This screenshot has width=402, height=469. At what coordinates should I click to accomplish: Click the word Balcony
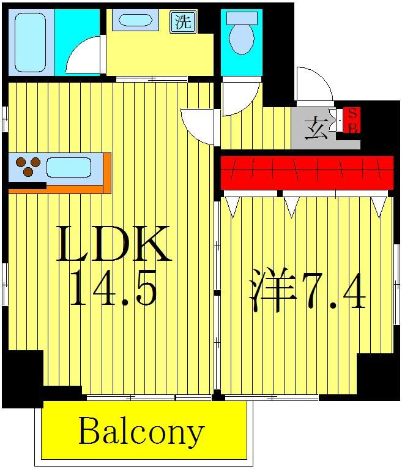click(141, 433)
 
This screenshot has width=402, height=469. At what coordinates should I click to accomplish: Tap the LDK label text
click(113, 245)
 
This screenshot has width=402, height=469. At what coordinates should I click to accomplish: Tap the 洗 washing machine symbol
click(183, 23)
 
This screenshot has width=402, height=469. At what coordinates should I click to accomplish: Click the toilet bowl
click(241, 36)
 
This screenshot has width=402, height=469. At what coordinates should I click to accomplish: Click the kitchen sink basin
click(69, 167)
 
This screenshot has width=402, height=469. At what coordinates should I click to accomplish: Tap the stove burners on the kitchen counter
click(28, 165)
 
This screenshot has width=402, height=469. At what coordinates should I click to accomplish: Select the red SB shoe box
click(352, 121)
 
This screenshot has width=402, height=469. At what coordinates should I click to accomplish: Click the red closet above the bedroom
click(306, 172)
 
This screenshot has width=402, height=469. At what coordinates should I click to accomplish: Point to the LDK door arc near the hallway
click(197, 126)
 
